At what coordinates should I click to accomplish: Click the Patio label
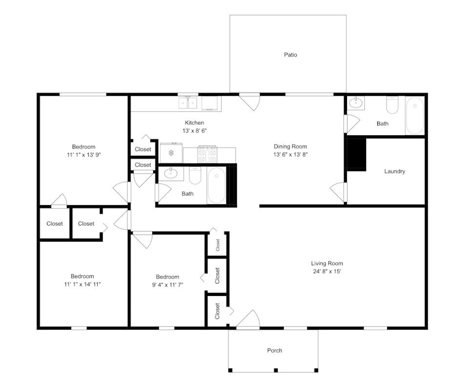pos(290,55)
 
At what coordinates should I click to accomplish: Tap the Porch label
pos(275,350)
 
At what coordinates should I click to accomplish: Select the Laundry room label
pos(394,171)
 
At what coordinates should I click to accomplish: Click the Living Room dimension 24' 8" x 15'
pos(327,271)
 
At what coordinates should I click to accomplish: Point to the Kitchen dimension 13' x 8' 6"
pos(194,131)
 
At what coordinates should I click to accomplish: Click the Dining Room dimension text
pos(290,154)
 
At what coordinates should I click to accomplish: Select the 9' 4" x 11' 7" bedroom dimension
pos(167,285)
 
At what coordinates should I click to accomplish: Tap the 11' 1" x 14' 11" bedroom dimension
pos(82,284)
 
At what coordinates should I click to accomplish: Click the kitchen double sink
pos(188,103)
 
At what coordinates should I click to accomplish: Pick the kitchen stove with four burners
pos(207,154)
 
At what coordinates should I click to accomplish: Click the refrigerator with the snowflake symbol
pos(171,153)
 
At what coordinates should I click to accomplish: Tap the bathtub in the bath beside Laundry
pos(415,116)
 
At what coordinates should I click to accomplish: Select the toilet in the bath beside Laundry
pos(392,105)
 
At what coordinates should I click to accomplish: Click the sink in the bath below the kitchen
pos(171,173)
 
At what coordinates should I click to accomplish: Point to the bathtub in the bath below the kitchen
pos(216,185)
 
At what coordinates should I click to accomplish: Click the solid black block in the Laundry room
pos(357,154)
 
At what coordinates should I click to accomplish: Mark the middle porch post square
pos(276,370)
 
